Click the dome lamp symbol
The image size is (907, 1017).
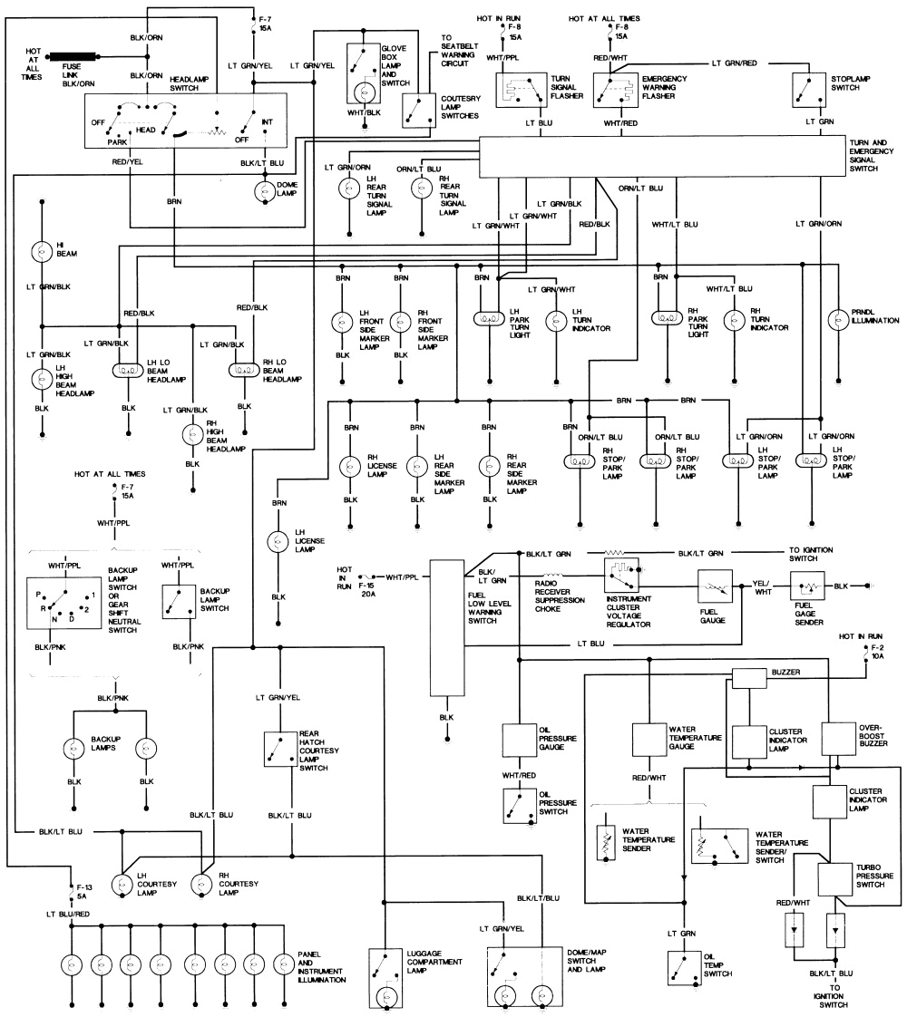(264, 192)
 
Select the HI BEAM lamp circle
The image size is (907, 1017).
(41, 251)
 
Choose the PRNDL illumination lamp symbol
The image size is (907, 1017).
(837, 320)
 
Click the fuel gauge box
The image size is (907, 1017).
(715, 586)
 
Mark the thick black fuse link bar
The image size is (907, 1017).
(72, 56)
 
